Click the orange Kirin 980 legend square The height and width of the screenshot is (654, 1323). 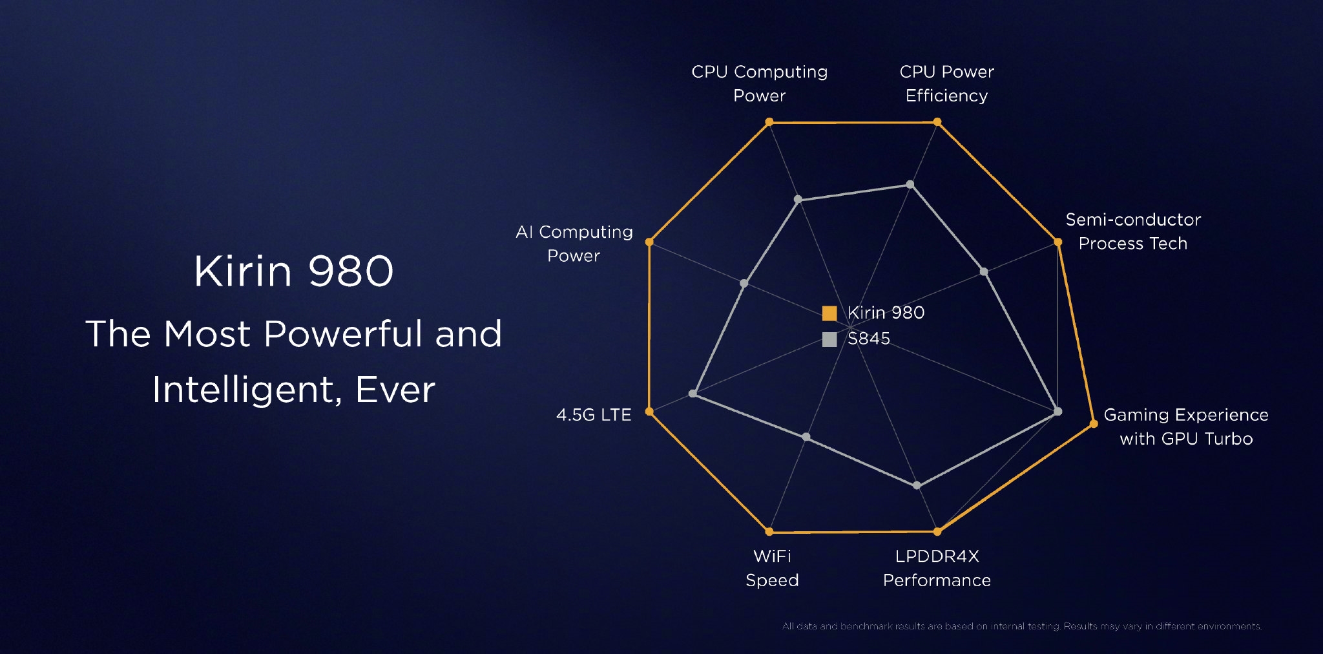(829, 313)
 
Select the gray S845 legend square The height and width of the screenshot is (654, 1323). (829, 339)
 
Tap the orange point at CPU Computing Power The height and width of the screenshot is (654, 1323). (769, 121)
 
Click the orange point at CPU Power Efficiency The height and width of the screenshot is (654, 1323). (937, 121)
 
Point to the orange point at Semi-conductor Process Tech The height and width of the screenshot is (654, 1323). (1058, 242)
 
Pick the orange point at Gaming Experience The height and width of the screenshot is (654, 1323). (1094, 424)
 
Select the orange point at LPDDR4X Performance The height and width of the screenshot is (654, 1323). (937, 532)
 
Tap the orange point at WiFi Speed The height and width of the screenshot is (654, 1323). (769, 532)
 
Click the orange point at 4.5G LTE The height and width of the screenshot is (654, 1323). (649, 412)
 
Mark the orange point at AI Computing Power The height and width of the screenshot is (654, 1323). (649, 242)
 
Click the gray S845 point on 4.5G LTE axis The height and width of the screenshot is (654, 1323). (693, 394)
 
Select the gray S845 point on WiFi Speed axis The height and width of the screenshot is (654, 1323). (806, 438)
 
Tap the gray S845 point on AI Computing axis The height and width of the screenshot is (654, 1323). (744, 283)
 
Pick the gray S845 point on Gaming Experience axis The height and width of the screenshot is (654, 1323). (1057, 412)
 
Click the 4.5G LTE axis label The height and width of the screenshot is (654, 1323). (594, 415)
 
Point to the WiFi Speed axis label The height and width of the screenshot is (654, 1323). (772, 568)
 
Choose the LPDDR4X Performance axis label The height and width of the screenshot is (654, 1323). (937, 568)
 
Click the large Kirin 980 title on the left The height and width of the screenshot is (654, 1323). (294, 271)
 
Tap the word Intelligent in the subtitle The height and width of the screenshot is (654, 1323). (243, 390)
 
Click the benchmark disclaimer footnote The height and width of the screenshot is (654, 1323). (1021, 626)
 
